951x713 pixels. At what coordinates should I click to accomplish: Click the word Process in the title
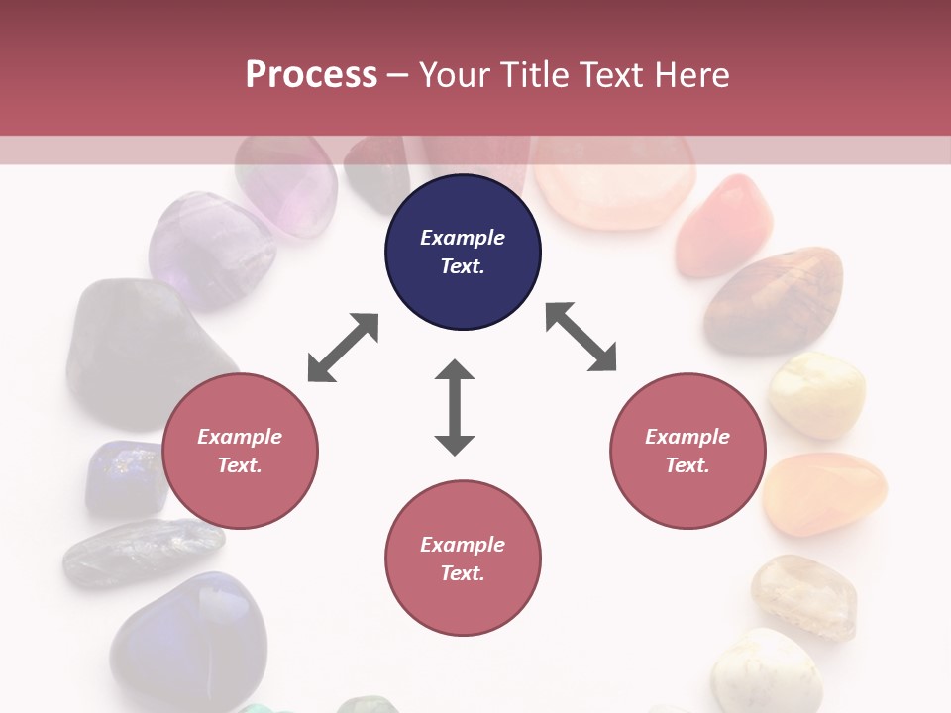[311, 75]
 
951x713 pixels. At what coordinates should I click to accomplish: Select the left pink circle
[240, 451]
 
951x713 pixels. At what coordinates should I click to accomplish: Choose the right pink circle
[687, 451]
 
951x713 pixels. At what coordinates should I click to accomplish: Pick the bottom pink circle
[463, 559]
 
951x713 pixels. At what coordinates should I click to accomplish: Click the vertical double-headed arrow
[455, 407]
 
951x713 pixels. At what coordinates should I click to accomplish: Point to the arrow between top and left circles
[343, 348]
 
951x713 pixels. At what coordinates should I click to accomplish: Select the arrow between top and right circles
[581, 337]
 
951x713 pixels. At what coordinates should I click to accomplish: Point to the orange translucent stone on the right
[825, 493]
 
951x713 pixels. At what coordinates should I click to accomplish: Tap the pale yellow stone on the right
[817, 394]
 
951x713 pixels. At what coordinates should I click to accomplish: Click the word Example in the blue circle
[463, 238]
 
